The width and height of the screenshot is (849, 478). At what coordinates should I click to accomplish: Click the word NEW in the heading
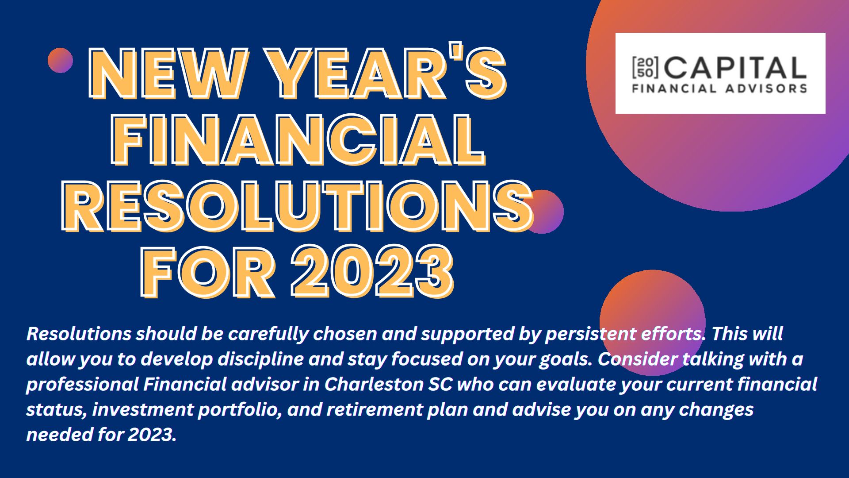pyautogui.click(x=168, y=74)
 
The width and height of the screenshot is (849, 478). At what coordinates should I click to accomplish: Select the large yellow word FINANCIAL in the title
pyautogui.click(x=298, y=140)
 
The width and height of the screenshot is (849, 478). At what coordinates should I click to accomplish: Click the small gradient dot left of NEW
pyautogui.click(x=60, y=60)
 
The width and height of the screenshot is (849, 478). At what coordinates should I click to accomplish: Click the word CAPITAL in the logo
pyautogui.click(x=734, y=68)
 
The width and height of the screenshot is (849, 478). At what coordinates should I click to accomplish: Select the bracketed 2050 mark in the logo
pyautogui.click(x=646, y=68)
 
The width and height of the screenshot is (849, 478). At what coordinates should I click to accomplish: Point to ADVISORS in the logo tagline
pyautogui.click(x=766, y=89)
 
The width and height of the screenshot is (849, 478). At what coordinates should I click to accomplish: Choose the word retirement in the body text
pyautogui.click(x=375, y=409)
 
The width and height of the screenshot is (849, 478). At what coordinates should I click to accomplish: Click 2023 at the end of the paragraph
pyautogui.click(x=152, y=435)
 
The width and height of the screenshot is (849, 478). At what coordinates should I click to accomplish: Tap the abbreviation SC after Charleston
pyautogui.click(x=440, y=384)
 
